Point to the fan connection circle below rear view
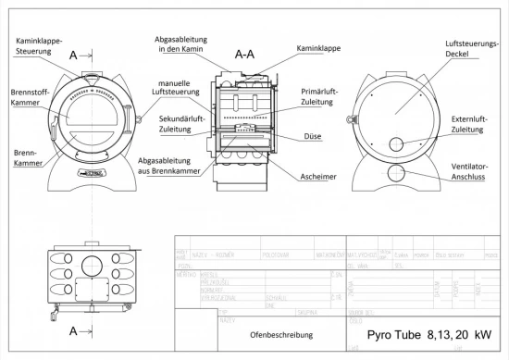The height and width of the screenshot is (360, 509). click(398, 173)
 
